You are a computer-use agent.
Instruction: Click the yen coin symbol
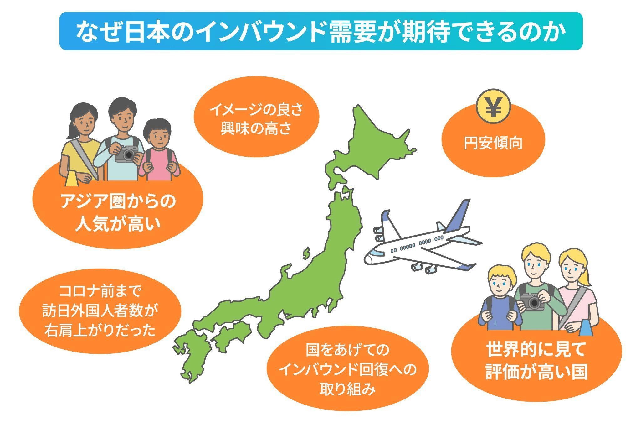click(493, 106)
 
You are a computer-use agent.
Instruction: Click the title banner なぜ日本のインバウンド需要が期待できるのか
click(321, 31)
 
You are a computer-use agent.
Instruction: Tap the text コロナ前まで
click(100, 291)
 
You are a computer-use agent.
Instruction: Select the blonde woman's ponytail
click(585, 273)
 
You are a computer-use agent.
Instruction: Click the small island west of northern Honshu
click(306, 253)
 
